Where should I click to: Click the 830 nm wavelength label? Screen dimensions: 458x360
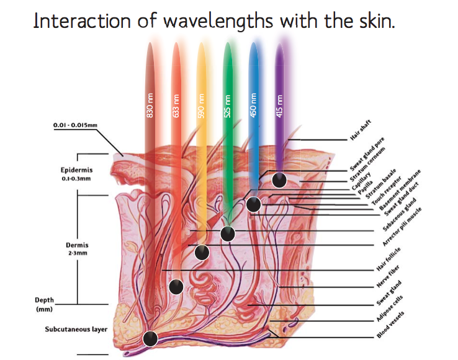click(x=150, y=106)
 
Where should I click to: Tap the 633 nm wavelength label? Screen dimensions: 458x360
click(x=176, y=106)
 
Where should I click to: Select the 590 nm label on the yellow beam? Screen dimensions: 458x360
click(x=201, y=106)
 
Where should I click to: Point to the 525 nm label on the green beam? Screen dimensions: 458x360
click(x=227, y=106)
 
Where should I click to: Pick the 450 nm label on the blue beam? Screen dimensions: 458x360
click(x=253, y=106)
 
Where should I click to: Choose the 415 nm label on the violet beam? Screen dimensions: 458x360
click(x=279, y=106)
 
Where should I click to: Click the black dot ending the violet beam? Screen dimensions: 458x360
click(x=279, y=180)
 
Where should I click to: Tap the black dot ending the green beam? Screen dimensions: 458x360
click(x=228, y=234)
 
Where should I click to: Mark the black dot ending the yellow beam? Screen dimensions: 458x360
click(x=202, y=252)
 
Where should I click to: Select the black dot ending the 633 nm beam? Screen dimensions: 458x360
click(x=176, y=287)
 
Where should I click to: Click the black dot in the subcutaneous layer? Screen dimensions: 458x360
click(x=150, y=339)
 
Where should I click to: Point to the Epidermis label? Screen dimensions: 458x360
click(x=76, y=170)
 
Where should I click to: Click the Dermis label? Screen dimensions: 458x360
click(x=77, y=245)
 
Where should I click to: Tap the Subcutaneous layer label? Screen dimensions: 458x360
click(x=76, y=330)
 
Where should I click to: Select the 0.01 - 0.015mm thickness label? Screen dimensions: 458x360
click(x=75, y=125)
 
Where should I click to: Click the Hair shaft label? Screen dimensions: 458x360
click(x=361, y=130)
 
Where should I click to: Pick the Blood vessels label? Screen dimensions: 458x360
click(x=390, y=325)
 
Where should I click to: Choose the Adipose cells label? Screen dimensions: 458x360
click(x=390, y=308)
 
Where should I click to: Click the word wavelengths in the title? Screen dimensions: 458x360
click(x=218, y=21)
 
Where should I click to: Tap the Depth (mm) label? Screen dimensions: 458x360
click(x=45, y=305)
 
